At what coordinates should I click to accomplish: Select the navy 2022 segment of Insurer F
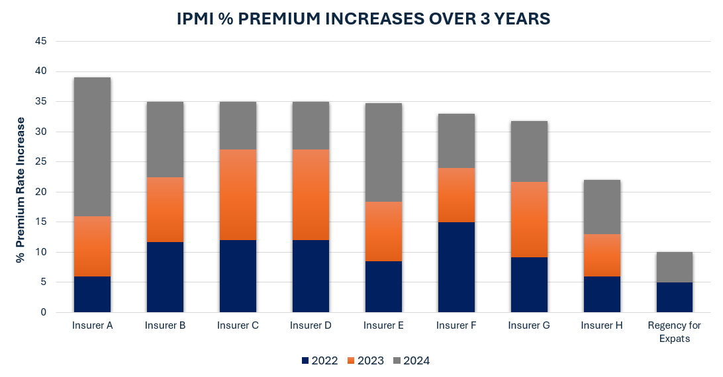456,267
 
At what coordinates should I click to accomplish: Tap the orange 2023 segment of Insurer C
238,194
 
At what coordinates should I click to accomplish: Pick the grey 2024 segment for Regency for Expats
675,267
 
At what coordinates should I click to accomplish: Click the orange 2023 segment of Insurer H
602,255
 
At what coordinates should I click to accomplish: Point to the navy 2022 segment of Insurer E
383,286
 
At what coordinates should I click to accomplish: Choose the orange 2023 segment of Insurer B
165,210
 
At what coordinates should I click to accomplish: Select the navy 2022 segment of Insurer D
311,276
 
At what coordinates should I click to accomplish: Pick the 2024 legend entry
410,360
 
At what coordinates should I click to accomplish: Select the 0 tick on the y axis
44,312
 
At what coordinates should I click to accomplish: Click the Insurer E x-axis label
383,326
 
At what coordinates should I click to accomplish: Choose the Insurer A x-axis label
92,326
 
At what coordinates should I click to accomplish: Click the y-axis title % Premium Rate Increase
21,190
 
